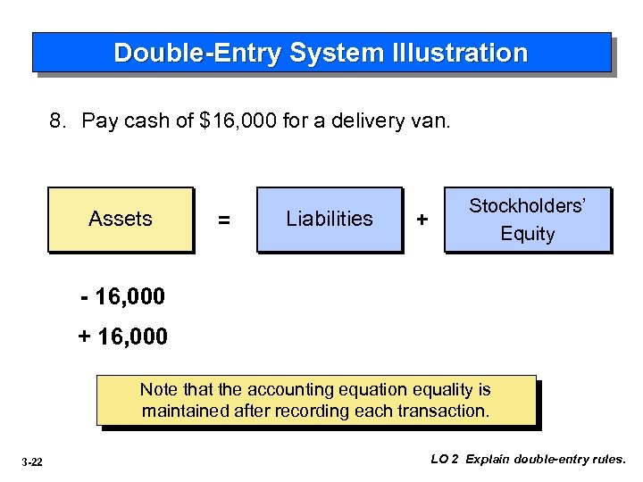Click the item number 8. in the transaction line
59,120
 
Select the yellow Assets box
121,219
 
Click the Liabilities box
330,219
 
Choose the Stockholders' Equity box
527,219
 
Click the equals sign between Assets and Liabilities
224,220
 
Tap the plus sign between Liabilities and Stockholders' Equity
422,220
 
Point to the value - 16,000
123,295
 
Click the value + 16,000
123,337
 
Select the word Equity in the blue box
527,234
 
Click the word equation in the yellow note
370,390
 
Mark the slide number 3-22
34,461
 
